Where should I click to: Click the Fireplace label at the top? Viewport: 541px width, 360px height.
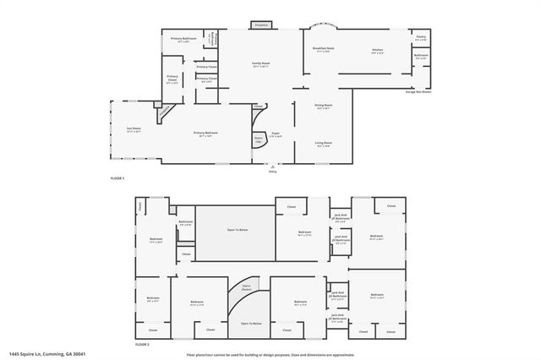(262, 25)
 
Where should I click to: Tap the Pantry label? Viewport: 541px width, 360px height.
(421, 37)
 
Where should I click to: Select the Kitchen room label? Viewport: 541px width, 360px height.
(378, 50)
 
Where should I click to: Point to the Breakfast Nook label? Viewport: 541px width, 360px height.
(324, 50)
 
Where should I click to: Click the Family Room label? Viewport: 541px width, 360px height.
(260, 63)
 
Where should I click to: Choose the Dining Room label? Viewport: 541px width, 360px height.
(322, 106)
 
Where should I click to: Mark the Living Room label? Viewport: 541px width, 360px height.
(323, 143)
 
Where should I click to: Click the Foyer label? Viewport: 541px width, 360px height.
(276, 134)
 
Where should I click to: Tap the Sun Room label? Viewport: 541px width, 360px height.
(134, 129)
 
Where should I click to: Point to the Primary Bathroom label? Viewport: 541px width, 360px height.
(183, 39)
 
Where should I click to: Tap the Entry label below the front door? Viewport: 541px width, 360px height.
(272, 171)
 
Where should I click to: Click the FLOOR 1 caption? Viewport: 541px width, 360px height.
(117, 178)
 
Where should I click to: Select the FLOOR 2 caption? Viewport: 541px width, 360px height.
(142, 344)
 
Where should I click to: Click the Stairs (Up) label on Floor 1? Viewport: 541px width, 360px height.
(259, 139)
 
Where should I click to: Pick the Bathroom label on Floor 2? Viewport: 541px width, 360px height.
(186, 222)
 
